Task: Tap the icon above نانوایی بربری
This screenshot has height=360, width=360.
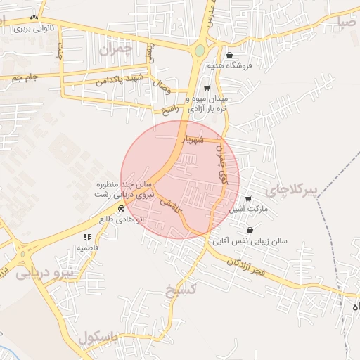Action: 33,17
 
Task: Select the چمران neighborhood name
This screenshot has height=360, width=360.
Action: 116,50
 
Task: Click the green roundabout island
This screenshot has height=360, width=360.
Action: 200,51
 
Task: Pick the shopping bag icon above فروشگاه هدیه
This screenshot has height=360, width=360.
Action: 229,54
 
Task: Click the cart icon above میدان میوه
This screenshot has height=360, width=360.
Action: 206,89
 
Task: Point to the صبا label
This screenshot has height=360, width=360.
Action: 347,22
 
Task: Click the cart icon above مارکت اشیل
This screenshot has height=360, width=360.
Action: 248,199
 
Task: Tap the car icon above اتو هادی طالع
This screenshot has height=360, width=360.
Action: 121,209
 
